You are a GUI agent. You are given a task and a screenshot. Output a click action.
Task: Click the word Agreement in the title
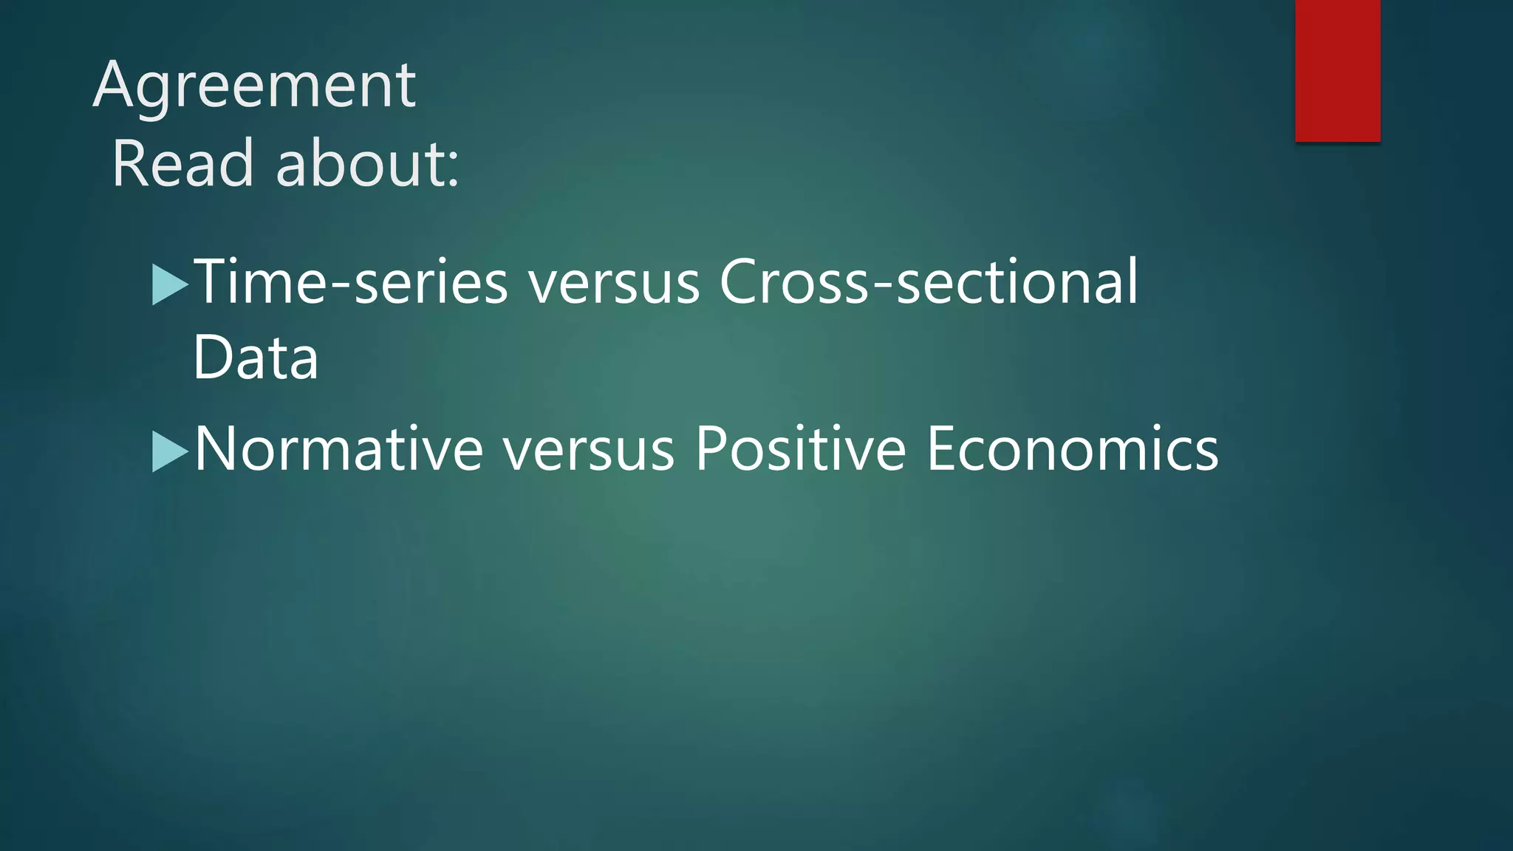(x=254, y=87)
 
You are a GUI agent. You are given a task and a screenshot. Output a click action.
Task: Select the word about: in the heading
(x=367, y=164)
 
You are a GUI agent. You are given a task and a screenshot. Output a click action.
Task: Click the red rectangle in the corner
(x=1337, y=70)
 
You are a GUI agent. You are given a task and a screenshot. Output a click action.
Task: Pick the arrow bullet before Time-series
(x=170, y=284)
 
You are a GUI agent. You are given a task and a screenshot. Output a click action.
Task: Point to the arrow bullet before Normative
(x=170, y=451)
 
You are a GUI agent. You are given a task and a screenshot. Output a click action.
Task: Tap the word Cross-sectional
(x=929, y=282)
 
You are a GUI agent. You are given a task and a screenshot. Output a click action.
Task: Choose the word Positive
(x=800, y=449)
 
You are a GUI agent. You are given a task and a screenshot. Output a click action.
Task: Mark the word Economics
(x=1072, y=449)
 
